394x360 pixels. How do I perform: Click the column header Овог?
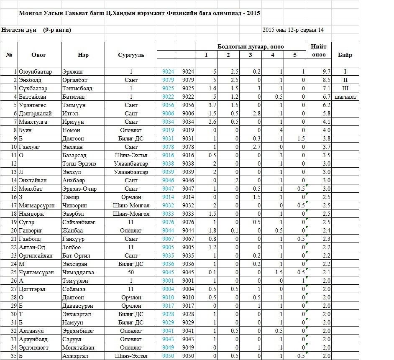point(38,55)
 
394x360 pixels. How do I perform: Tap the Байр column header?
point(345,55)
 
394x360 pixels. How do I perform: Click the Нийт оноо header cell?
point(319,51)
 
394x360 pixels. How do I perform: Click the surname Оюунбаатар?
point(35,72)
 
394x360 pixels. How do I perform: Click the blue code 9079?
point(168,80)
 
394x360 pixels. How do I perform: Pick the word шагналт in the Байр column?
point(345,97)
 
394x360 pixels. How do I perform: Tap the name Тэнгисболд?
point(77,89)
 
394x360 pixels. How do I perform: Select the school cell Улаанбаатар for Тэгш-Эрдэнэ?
point(131,164)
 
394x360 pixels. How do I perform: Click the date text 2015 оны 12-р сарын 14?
point(293,30)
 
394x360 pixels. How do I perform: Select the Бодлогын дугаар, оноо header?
point(251,46)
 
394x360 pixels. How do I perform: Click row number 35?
point(14,356)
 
